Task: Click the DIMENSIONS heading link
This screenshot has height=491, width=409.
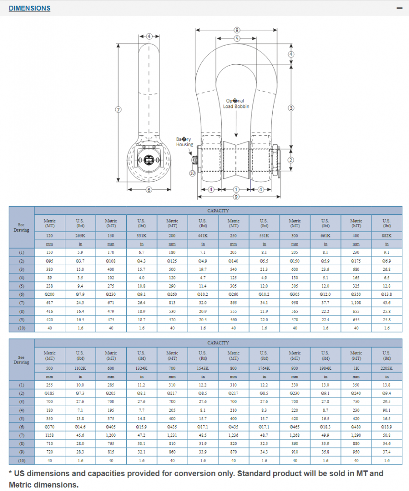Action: click(x=29, y=8)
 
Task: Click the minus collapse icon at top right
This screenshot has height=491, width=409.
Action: click(x=398, y=8)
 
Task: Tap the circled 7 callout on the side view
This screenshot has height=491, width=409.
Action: click(x=118, y=109)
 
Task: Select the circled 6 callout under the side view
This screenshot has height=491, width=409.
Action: click(x=149, y=190)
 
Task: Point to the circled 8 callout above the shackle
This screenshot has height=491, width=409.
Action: click(x=237, y=30)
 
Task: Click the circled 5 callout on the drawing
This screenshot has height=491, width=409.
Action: click(x=237, y=38)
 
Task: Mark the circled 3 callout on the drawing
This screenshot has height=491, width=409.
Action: click(x=290, y=108)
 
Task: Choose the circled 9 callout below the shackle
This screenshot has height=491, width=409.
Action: click(x=236, y=197)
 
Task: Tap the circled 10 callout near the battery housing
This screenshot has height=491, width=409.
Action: click(x=192, y=173)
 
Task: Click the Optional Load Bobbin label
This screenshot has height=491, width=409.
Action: click(x=236, y=104)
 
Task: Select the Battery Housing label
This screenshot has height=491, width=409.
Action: click(x=184, y=141)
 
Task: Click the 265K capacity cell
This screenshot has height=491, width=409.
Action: click(x=80, y=235)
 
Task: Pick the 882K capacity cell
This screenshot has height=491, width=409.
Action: click(x=386, y=235)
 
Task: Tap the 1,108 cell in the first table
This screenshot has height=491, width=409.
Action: click(x=356, y=303)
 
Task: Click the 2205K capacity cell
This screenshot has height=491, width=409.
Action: click(x=386, y=368)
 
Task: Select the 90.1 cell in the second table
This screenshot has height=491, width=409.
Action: click(x=386, y=410)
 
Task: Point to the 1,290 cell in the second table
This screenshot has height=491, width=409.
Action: click(x=356, y=435)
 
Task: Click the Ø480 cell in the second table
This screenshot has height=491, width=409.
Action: click(x=356, y=427)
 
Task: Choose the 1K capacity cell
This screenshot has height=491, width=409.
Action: click(x=356, y=368)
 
